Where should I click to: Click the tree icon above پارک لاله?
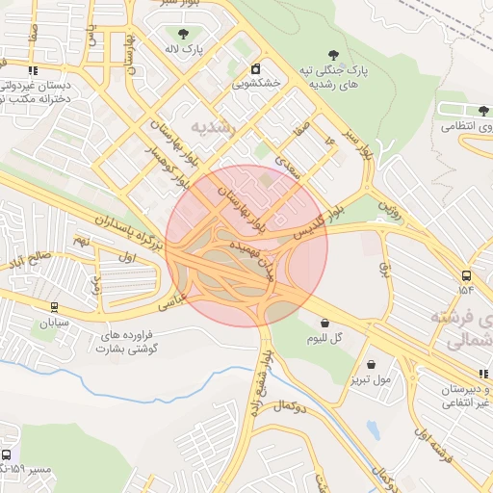182,34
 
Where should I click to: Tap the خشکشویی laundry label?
256,84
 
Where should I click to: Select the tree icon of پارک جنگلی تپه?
334,56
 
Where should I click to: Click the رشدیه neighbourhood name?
213,126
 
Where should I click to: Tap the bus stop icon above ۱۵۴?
467,273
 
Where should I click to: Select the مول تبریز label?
372,379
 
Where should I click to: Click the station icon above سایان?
53,307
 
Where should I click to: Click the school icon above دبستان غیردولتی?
34,69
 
